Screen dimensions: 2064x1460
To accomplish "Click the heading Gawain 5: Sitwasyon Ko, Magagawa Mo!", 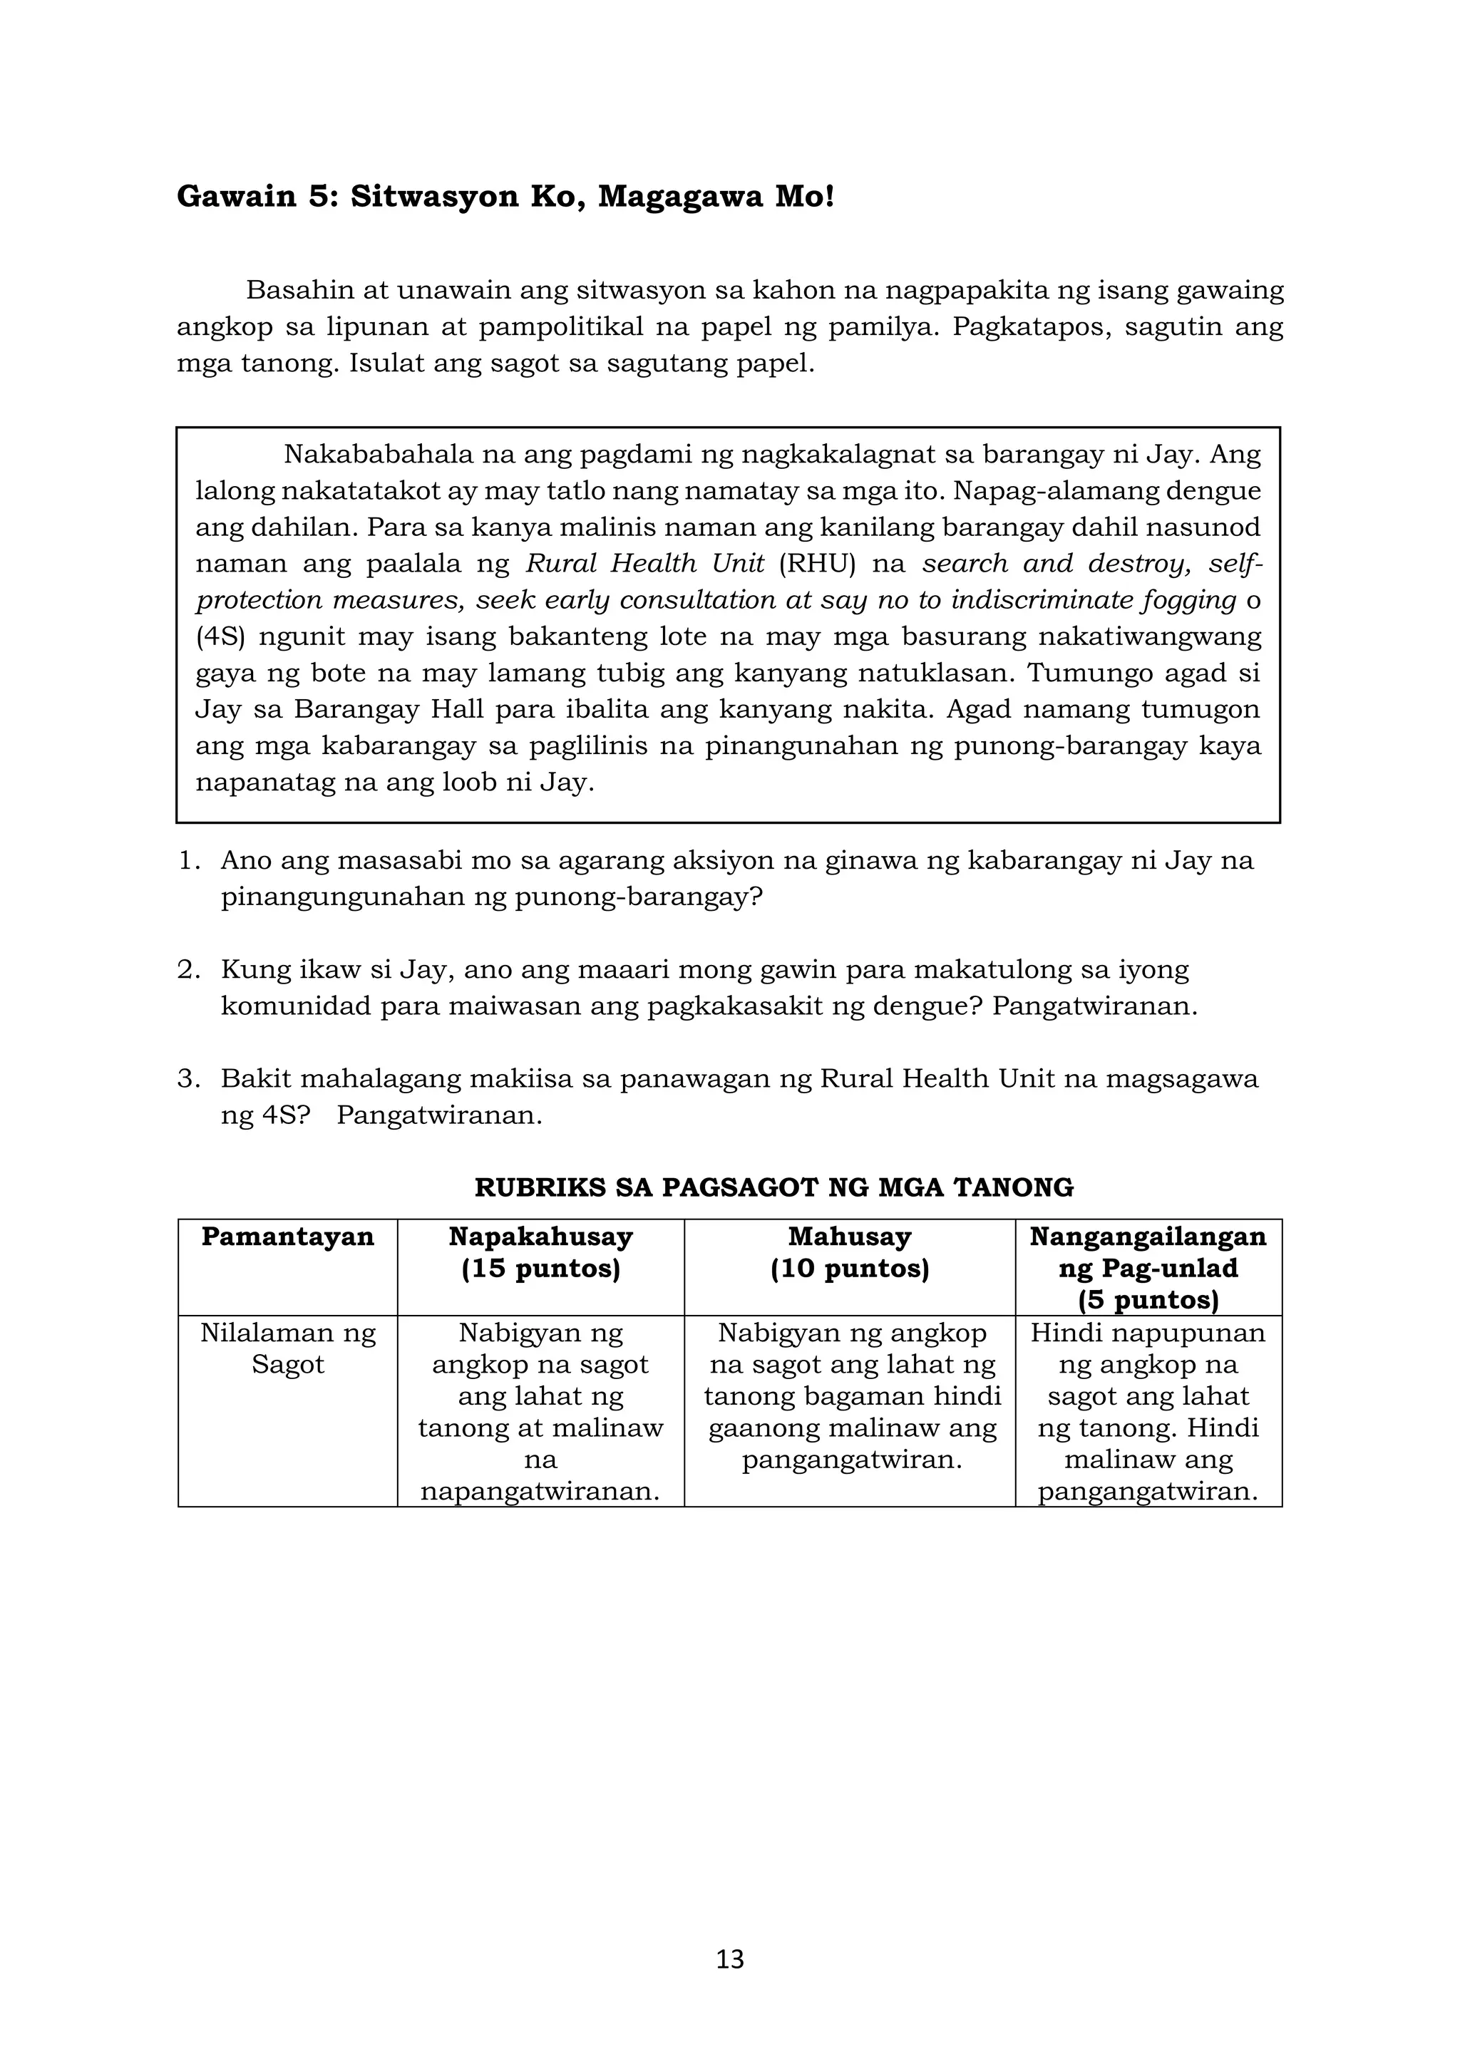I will [505, 196].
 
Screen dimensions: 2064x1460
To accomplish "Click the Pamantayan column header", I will [288, 1237].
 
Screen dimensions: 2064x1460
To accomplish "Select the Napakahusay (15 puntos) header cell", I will [540, 1253].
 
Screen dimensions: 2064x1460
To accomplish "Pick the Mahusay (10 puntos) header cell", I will [850, 1253].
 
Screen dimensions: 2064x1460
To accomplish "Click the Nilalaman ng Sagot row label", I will [288, 1348].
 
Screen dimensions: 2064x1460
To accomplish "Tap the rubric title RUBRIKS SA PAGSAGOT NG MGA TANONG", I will [773, 1187].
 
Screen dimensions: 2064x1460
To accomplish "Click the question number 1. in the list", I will [188, 860].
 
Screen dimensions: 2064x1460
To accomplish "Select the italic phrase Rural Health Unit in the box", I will [644, 564].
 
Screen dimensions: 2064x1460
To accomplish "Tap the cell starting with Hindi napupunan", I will [1148, 1411].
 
